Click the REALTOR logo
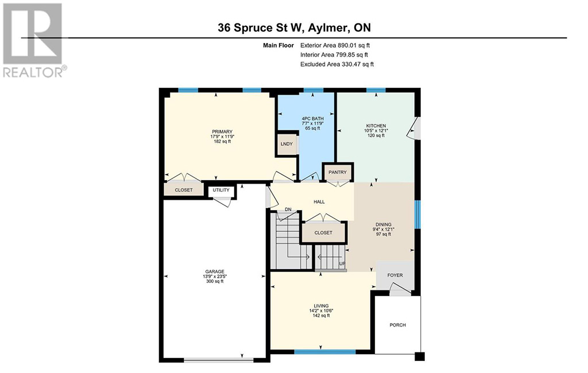pyautogui.click(x=35, y=41)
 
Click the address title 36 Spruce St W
pyautogui.click(x=262, y=28)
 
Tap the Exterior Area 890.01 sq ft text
pyautogui.click(x=335, y=45)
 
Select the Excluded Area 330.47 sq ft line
pyautogui.click(x=336, y=64)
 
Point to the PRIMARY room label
pyautogui.click(x=222, y=137)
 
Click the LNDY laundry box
pyautogui.click(x=287, y=143)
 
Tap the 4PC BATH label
pyautogui.click(x=313, y=123)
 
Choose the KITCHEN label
pyautogui.click(x=376, y=130)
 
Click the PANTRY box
pyautogui.click(x=338, y=172)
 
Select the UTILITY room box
pyautogui.click(x=221, y=191)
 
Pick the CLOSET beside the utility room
pyautogui.click(x=184, y=190)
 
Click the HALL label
pyautogui.click(x=319, y=201)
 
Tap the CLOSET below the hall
pyautogui.click(x=323, y=232)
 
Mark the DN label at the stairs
pyautogui.click(x=288, y=209)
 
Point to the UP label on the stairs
pyautogui.click(x=342, y=264)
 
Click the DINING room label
pyautogui.click(x=383, y=230)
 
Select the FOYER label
pyautogui.click(x=395, y=275)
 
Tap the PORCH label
pyautogui.click(x=397, y=325)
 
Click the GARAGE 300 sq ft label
pyautogui.click(x=215, y=276)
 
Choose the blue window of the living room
pyautogui.click(x=325, y=352)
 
